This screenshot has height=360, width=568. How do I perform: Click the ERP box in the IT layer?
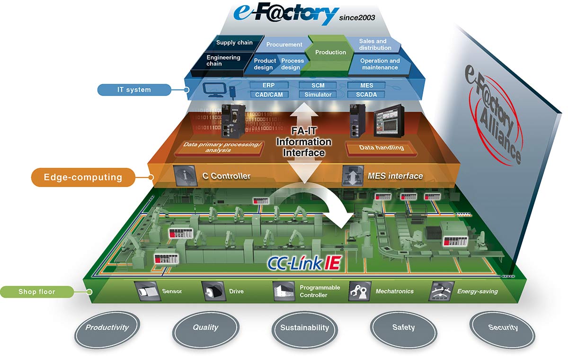coord(269,85)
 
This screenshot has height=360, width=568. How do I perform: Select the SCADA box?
coord(366,95)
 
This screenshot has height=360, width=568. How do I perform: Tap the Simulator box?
coord(318,95)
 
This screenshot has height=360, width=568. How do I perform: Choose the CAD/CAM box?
coord(269,95)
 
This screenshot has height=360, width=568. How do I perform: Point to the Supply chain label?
coord(234,43)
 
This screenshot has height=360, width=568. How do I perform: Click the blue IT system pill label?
coord(134,90)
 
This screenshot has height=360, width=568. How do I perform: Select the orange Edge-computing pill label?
coord(83,177)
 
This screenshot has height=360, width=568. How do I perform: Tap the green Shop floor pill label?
coord(37,292)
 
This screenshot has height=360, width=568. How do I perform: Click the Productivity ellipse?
coord(107,330)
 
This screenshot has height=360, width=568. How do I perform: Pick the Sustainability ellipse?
coord(304,330)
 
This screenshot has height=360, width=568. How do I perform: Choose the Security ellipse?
coord(503,330)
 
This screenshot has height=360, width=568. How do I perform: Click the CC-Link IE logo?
coord(304,263)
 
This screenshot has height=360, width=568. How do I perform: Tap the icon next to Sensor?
coord(147,291)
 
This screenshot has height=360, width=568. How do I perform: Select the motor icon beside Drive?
coord(213,291)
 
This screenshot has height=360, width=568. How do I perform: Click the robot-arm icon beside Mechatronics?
coord(359,291)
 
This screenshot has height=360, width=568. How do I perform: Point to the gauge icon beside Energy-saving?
coord(441,291)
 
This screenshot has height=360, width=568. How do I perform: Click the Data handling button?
coord(382,148)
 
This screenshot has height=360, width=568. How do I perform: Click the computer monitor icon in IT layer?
coord(214,90)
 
